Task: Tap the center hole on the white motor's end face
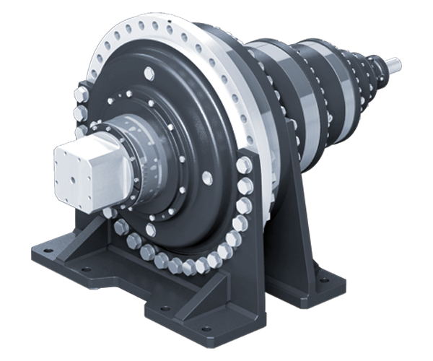(x=70, y=168)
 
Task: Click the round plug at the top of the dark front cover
(x=149, y=73)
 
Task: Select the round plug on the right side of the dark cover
(x=209, y=178)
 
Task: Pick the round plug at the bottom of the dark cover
(x=150, y=230)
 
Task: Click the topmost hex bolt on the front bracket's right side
(x=243, y=165)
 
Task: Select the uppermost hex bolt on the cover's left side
(x=79, y=95)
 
